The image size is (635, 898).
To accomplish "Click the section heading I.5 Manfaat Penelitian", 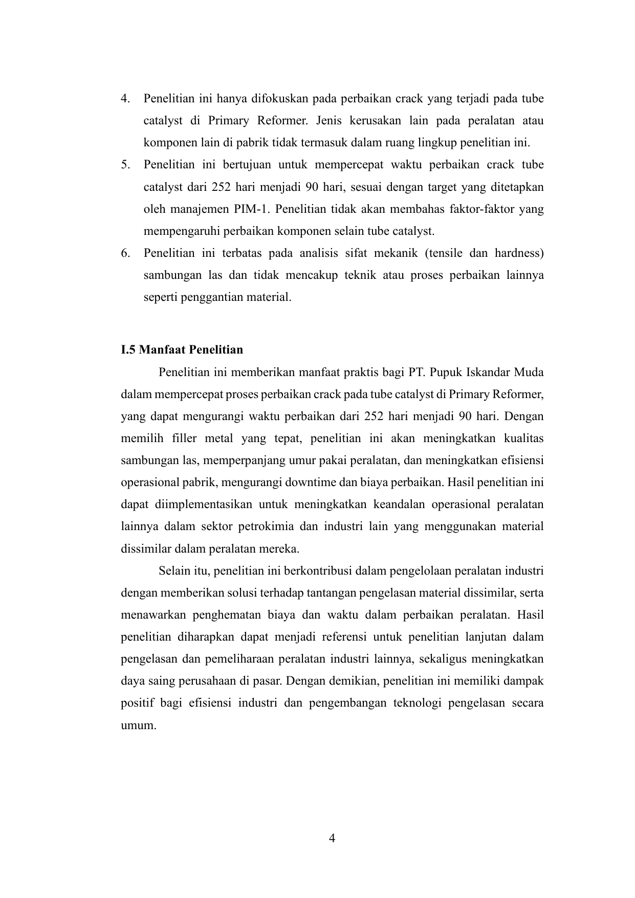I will tap(182, 350).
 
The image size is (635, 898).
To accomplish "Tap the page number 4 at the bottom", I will tap(332, 838).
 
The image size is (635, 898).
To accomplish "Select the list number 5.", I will tap(125, 165).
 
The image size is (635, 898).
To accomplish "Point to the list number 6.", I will tap(125, 253).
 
